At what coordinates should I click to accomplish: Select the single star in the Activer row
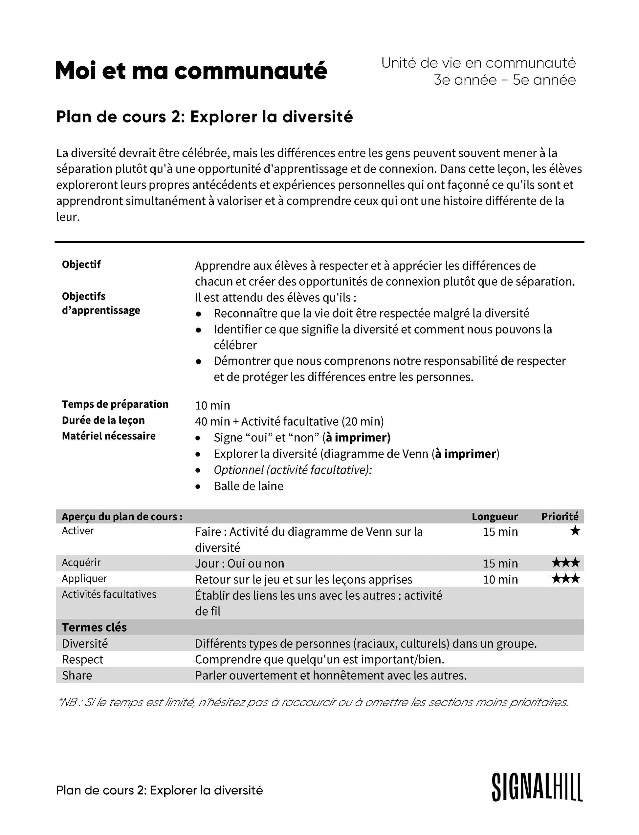point(575,531)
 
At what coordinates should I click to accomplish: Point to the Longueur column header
point(495,516)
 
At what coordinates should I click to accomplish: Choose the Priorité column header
point(560,516)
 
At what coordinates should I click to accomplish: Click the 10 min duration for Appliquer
point(500,580)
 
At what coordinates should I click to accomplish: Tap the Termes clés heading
point(94,627)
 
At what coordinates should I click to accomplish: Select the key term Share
point(77,675)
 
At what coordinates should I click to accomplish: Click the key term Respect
point(82,659)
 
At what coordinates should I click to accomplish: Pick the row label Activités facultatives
point(109,594)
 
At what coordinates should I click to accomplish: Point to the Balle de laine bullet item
point(248,486)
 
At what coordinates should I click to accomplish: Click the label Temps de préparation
point(115,404)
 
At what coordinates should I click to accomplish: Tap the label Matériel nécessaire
point(109,436)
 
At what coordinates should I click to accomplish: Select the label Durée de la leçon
point(103,420)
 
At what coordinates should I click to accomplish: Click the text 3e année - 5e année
point(505,80)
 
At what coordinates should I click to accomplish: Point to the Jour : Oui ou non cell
point(240,563)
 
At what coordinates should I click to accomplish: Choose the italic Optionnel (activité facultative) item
point(293,470)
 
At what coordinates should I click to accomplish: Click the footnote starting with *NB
point(313,702)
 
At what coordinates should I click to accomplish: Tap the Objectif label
point(81,264)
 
